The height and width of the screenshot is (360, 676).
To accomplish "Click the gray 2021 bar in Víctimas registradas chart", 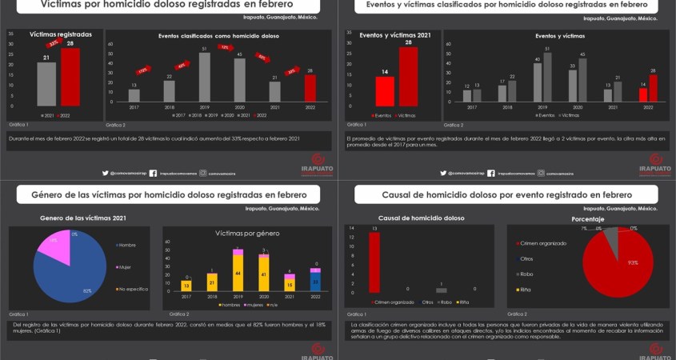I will coord(46,84).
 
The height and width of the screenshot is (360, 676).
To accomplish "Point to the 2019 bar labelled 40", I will coord(538,82).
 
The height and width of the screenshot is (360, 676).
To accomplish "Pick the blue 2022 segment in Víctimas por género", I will coord(316,282).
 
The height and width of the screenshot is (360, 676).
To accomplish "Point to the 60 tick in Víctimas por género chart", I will coord(168,241).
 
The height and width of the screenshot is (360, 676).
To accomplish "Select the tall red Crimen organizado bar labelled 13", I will coord(374,262).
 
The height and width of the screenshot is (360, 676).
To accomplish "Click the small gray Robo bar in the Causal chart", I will coord(441,290).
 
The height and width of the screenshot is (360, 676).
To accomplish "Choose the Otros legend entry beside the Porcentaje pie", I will coord(526,258).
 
